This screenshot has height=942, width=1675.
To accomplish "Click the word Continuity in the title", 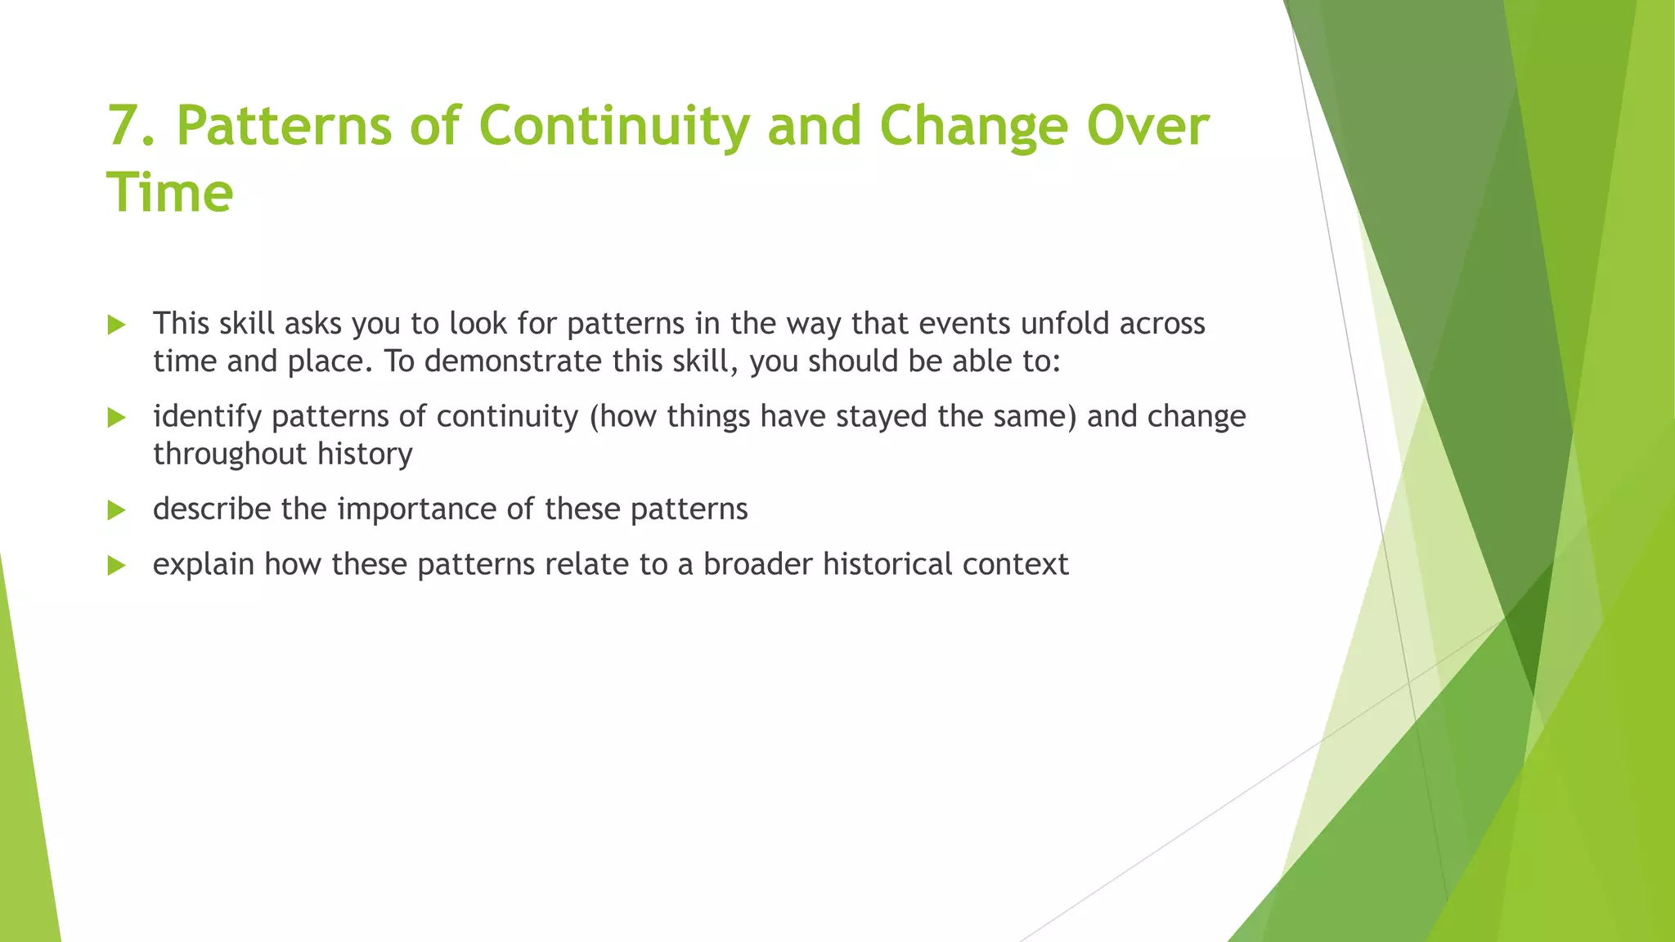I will pos(613,127).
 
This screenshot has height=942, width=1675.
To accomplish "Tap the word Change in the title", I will pos(973,127).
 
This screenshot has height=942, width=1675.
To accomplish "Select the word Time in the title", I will pos(170,194).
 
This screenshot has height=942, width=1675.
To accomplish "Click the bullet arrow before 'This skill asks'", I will pos(116,325).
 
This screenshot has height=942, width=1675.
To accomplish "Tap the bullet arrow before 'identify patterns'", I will pos(116,418).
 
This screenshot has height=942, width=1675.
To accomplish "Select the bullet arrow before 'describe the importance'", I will pos(116,511).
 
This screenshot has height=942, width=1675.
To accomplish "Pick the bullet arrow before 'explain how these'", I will pos(116,566).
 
